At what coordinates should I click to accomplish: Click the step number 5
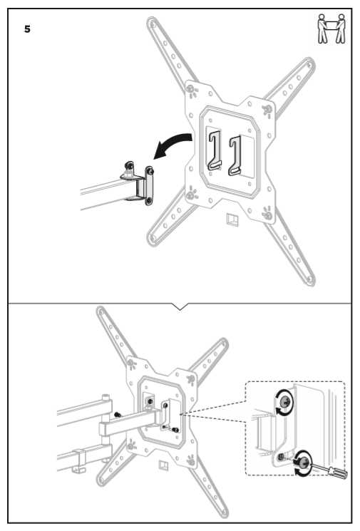(27, 29)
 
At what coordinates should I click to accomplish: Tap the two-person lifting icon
(331, 29)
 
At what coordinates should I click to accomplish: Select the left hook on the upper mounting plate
(215, 150)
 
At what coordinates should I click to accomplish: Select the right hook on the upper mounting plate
(235, 155)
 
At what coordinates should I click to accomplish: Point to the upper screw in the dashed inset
(284, 402)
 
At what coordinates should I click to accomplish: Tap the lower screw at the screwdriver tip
(303, 462)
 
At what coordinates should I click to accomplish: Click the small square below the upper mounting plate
(232, 219)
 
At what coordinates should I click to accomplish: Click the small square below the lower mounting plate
(163, 465)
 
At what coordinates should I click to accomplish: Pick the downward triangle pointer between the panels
(180, 306)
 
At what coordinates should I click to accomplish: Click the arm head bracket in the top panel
(138, 183)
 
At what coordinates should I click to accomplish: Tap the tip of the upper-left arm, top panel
(151, 22)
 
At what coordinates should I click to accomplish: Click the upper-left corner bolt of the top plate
(191, 89)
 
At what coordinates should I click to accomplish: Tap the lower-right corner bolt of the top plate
(268, 215)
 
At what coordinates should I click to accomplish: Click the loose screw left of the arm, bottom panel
(118, 415)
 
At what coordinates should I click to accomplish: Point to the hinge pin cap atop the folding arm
(106, 396)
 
